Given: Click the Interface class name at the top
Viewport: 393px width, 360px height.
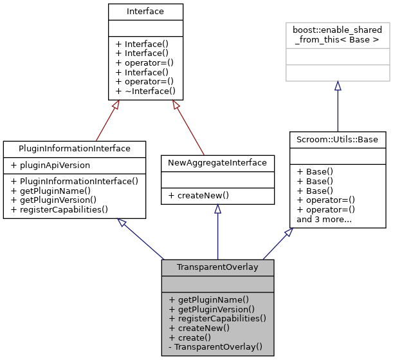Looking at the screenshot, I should (145, 11).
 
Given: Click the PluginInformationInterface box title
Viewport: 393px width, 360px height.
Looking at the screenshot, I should (75, 148).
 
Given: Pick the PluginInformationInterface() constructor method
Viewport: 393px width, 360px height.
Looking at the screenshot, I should (74, 182).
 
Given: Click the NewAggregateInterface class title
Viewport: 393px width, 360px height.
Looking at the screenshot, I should (217, 163).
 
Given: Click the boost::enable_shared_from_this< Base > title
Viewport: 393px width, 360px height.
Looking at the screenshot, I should (337, 35).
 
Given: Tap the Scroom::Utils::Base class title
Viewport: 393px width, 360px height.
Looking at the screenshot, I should (338, 139).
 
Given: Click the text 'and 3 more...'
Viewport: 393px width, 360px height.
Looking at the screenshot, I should (324, 219).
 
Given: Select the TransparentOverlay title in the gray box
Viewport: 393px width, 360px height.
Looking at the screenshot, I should (217, 267).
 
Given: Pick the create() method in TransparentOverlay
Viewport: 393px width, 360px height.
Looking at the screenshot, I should (190, 337).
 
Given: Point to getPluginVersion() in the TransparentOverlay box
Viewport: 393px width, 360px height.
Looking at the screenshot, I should (211, 309).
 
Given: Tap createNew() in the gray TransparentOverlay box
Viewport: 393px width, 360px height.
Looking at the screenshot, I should (199, 328).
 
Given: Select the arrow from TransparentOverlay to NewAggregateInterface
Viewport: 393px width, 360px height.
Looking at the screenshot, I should (217, 232).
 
